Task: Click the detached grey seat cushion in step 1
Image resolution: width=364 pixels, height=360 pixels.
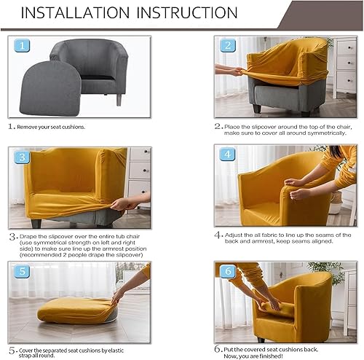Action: pos(55,88)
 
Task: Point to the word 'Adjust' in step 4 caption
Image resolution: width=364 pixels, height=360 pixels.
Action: pos(237,235)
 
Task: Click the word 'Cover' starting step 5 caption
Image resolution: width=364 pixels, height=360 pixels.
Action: pos(28,348)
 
